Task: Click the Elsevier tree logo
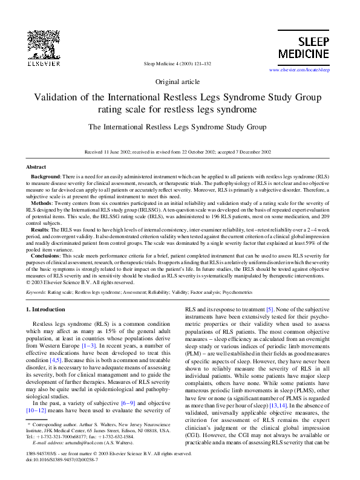[x=43, y=44]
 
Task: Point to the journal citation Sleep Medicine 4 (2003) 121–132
[x=177, y=63]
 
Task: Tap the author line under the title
[x=177, y=128]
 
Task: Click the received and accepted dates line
[x=177, y=152]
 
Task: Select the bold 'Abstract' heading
[x=36, y=166]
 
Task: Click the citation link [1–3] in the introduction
[x=93, y=345]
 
